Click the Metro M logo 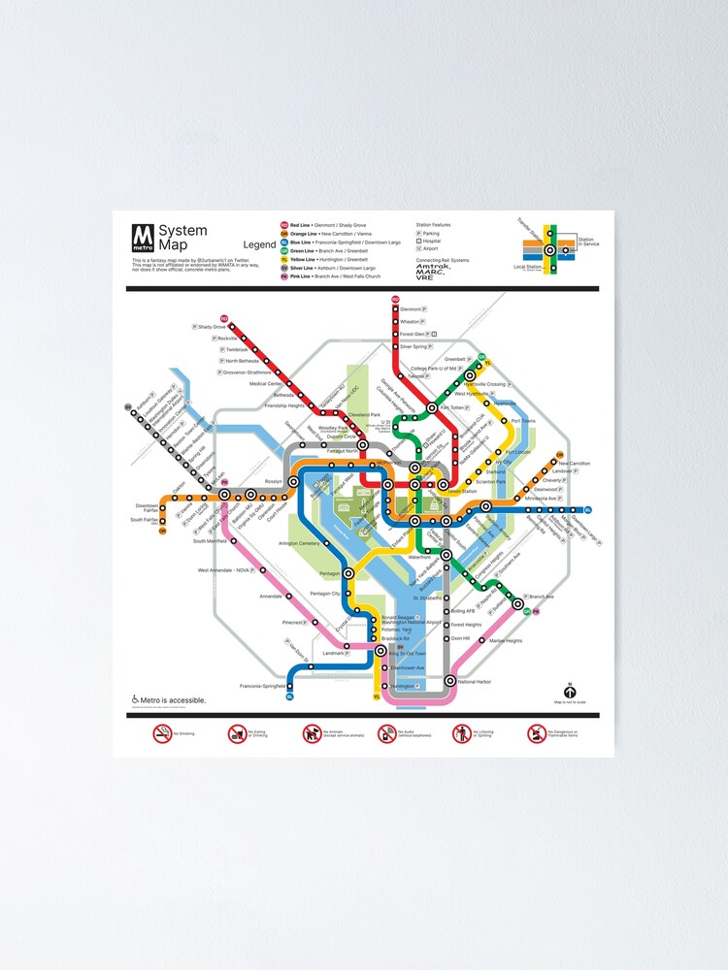click(x=144, y=238)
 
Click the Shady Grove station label click(x=212, y=327)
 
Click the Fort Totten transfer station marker click(x=432, y=408)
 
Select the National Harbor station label click(x=474, y=682)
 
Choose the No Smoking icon click(x=161, y=734)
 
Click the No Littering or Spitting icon click(x=461, y=734)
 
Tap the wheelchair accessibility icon click(x=135, y=699)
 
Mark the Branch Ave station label click(x=542, y=597)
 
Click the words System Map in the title click(x=182, y=237)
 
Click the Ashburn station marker click(x=129, y=407)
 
